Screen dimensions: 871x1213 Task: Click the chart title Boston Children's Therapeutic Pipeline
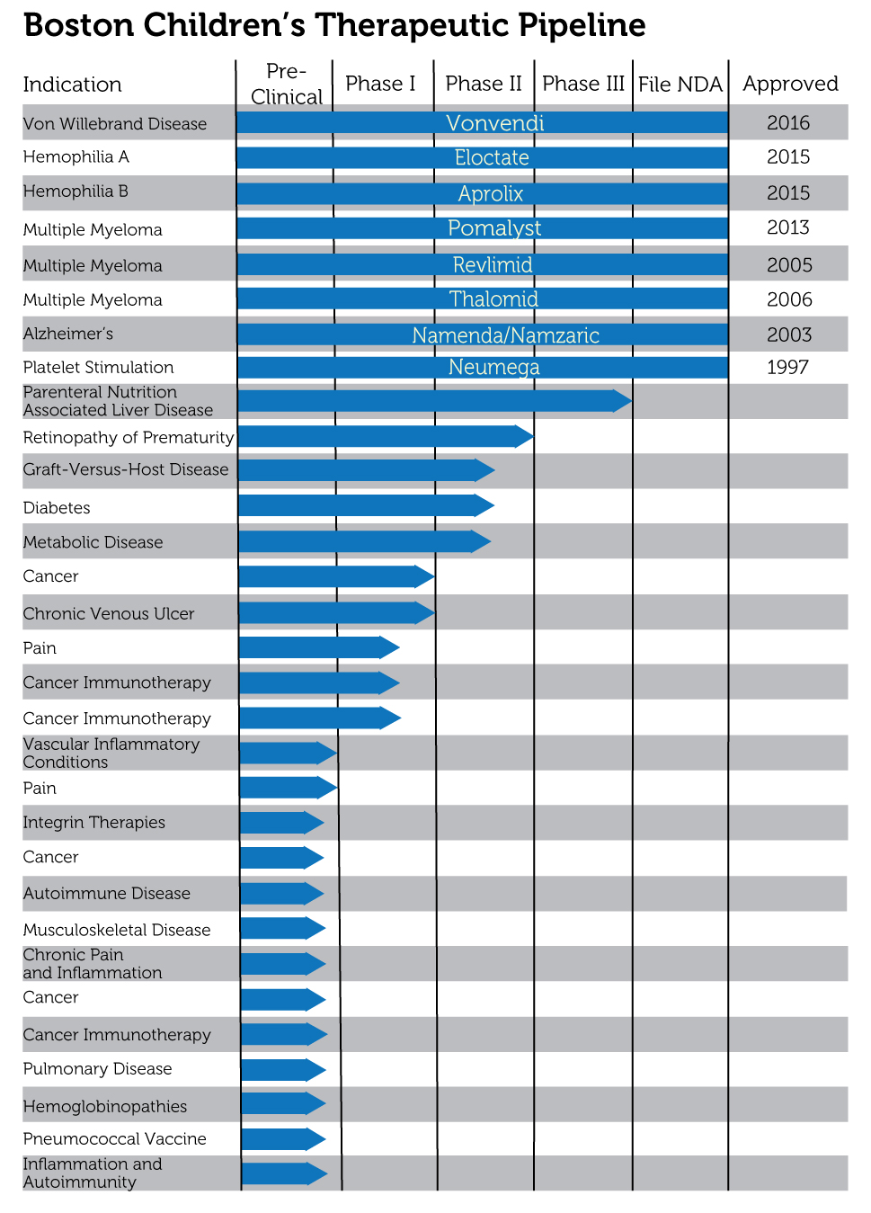tap(334, 25)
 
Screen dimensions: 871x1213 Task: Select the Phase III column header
tap(583, 84)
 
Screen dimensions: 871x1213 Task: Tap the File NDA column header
tap(680, 85)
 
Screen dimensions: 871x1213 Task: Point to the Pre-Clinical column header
tap(287, 84)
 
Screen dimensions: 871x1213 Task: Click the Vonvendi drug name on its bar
tap(494, 123)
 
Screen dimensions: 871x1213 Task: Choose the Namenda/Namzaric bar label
tap(505, 335)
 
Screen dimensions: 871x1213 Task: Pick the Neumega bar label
tap(493, 367)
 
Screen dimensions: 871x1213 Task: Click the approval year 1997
tap(787, 367)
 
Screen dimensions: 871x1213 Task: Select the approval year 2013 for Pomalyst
tap(787, 227)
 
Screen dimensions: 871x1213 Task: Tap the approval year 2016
tap(787, 123)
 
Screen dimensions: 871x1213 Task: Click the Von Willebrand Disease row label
tap(115, 124)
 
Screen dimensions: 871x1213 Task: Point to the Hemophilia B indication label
tap(76, 192)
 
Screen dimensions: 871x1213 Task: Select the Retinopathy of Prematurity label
tap(129, 437)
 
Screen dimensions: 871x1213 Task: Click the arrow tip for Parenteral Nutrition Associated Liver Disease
tap(632, 401)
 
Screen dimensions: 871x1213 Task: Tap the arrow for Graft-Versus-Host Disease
tap(367, 470)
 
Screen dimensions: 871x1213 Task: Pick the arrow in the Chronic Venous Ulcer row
tap(337, 613)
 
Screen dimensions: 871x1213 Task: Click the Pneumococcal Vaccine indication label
tap(115, 1138)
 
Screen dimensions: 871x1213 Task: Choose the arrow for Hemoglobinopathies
tap(283, 1103)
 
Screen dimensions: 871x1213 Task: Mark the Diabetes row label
tap(57, 507)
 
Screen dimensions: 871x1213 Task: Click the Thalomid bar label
tap(493, 299)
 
